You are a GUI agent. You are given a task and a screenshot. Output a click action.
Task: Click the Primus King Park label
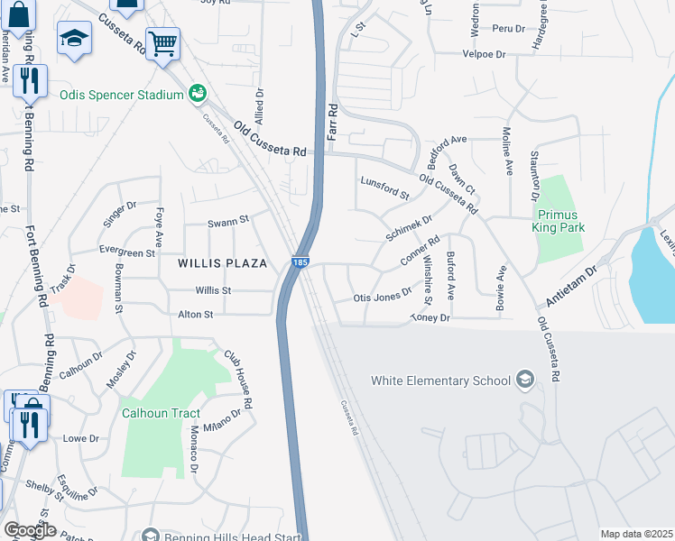(561, 221)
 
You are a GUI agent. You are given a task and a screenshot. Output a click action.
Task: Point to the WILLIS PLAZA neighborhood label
(223, 263)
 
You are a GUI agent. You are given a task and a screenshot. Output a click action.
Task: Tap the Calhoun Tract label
(161, 413)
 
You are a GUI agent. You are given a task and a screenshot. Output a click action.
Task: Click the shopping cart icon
(162, 42)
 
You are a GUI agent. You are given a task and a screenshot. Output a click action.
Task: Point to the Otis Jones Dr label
(383, 298)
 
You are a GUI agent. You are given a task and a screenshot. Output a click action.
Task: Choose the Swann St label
(227, 221)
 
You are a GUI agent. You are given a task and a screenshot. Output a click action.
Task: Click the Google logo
(30, 530)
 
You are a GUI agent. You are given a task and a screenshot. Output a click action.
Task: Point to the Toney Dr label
(430, 318)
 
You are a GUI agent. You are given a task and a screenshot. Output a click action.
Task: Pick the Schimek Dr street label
(410, 225)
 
